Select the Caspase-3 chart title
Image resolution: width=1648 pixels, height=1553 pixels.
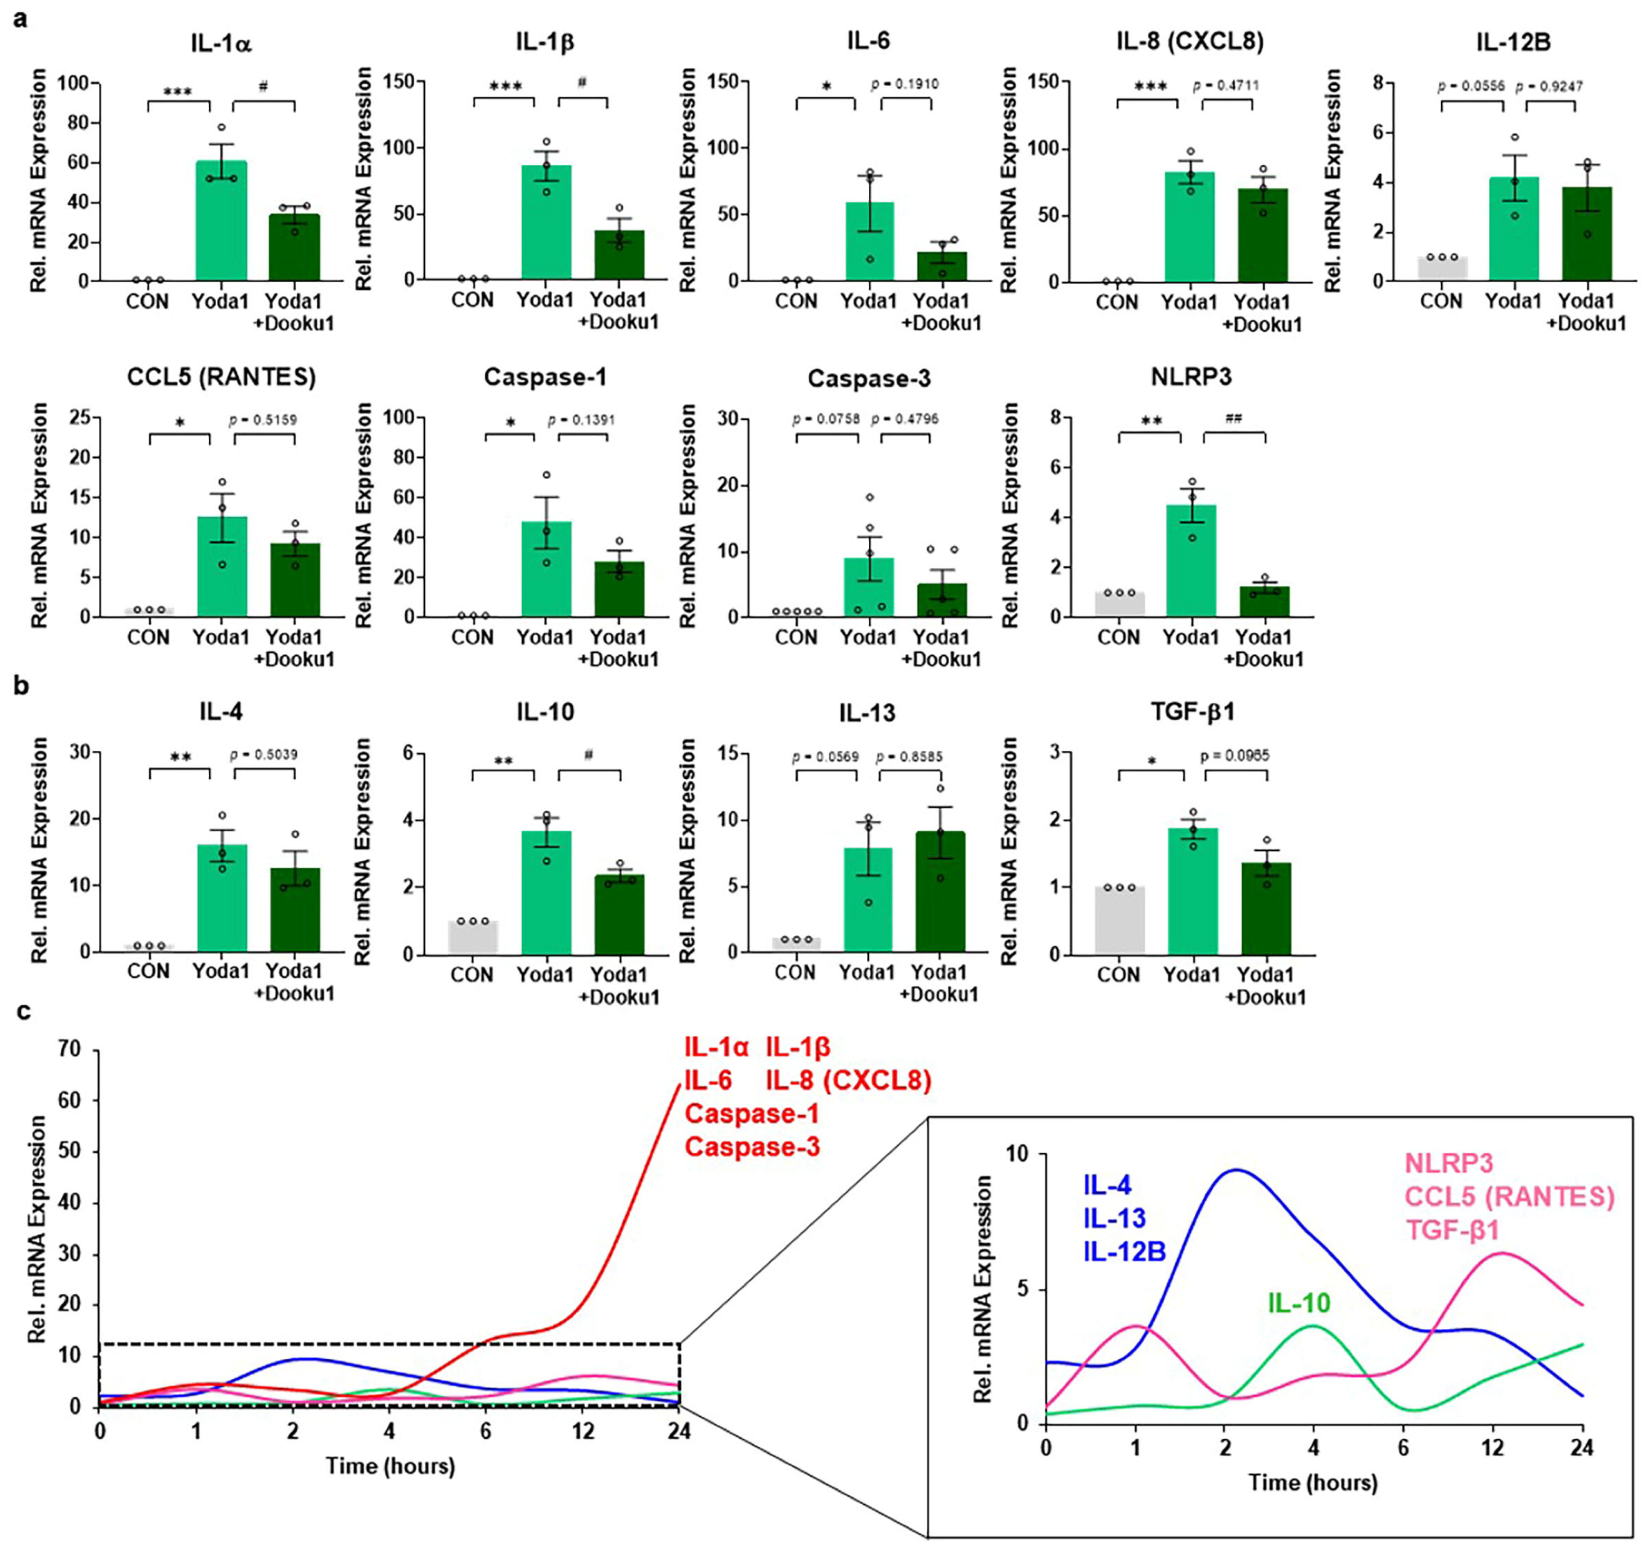point(869,379)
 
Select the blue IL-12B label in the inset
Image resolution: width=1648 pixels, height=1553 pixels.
point(1124,1251)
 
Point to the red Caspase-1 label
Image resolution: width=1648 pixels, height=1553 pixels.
point(752,1114)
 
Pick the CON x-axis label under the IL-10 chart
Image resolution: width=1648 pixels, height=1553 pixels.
point(472,975)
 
